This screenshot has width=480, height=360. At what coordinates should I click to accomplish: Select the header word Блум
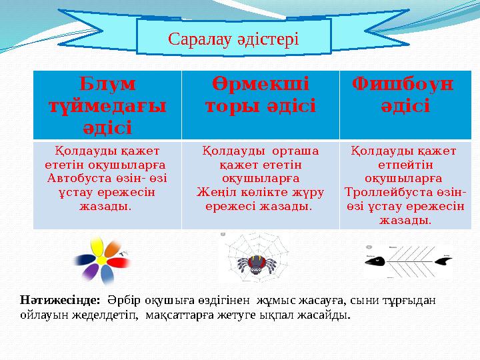coord(107,84)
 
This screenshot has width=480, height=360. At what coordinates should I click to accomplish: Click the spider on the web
coord(255,264)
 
